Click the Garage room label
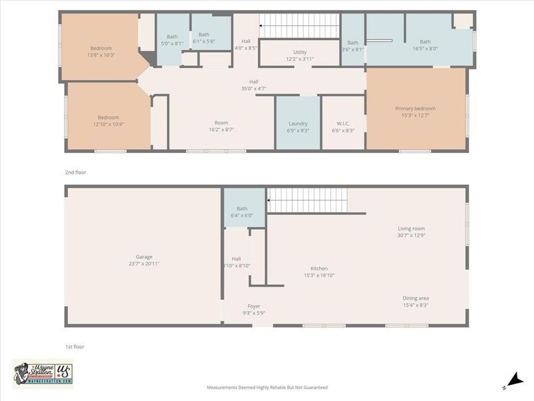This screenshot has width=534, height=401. [x=144, y=257]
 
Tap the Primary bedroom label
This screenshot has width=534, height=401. [x=415, y=109]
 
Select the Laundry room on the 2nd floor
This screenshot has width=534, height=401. [x=298, y=124]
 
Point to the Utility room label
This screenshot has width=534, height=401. [x=300, y=52]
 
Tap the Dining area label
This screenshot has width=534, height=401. [x=415, y=298]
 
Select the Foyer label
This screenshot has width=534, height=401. [x=254, y=306]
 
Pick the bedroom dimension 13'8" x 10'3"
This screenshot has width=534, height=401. [x=101, y=55]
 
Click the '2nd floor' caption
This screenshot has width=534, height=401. [x=75, y=172]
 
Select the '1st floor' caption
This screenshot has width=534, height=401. [x=75, y=346]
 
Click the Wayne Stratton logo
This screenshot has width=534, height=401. [x=43, y=373]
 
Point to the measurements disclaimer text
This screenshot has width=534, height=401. [x=267, y=387]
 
